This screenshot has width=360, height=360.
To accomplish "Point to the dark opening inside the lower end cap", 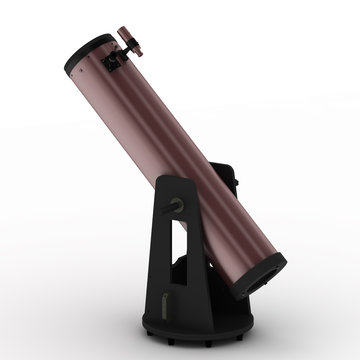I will tap(270, 273).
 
